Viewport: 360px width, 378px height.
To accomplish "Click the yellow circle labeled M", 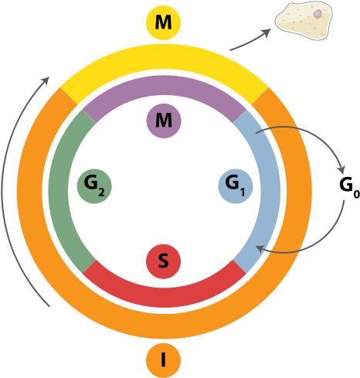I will tap(163, 24).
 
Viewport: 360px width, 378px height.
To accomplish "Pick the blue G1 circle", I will tap(234, 186).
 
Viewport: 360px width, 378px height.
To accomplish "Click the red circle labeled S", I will tap(163, 261).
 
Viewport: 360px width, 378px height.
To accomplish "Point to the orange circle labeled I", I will tap(163, 359).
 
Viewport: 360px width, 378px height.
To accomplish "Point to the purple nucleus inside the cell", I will tap(316, 13).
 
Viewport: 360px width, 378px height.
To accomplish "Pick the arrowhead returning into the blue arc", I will tap(261, 248).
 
